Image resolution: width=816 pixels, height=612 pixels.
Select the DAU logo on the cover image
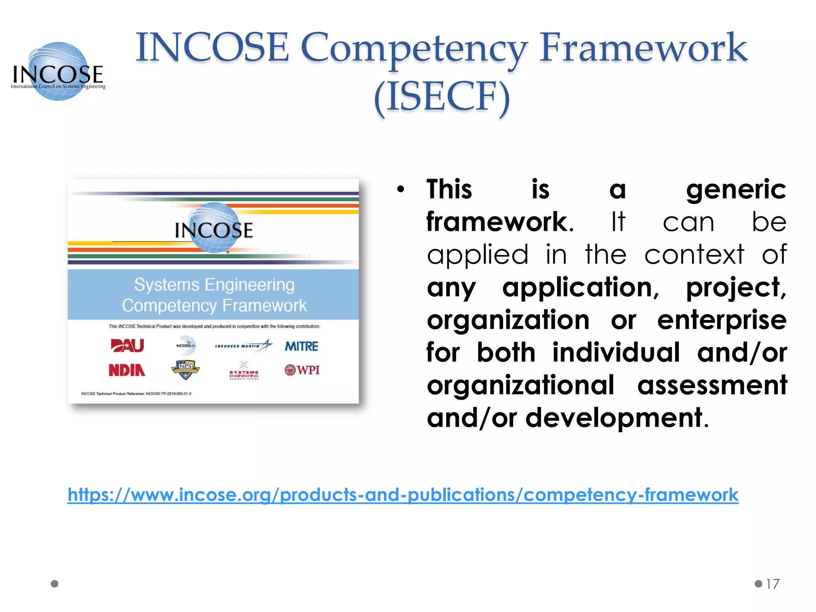pyautogui.click(x=127, y=345)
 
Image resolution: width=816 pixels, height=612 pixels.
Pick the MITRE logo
pyautogui.click(x=301, y=346)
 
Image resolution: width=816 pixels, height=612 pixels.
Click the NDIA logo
pyautogui.click(x=127, y=370)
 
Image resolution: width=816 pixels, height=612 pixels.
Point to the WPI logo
pyautogui.click(x=302, y=370)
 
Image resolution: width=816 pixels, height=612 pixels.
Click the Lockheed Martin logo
pyautogui.click(x=243, y=345)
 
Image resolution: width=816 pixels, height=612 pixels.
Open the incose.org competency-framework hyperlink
pyautogui.click(x=403, y=495)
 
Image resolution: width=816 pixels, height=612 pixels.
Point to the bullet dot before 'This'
pyautogui.click(x=400, y=190)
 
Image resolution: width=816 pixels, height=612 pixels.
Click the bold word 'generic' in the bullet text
pyautogui.click(x=736, y=190)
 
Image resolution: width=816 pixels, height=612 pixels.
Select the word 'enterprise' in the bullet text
pyautogui.click(x=722, y=320)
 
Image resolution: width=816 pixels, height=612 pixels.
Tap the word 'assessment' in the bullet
pyautogui.click(x=712, y=385)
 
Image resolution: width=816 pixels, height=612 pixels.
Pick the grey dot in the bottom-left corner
pyautogui.click(x=55, y=584)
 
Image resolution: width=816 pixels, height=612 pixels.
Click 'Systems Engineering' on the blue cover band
pyautogui.click(x=214, y=285)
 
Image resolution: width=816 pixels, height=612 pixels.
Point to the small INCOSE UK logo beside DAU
pyautogui.click(x=186, y=345)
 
